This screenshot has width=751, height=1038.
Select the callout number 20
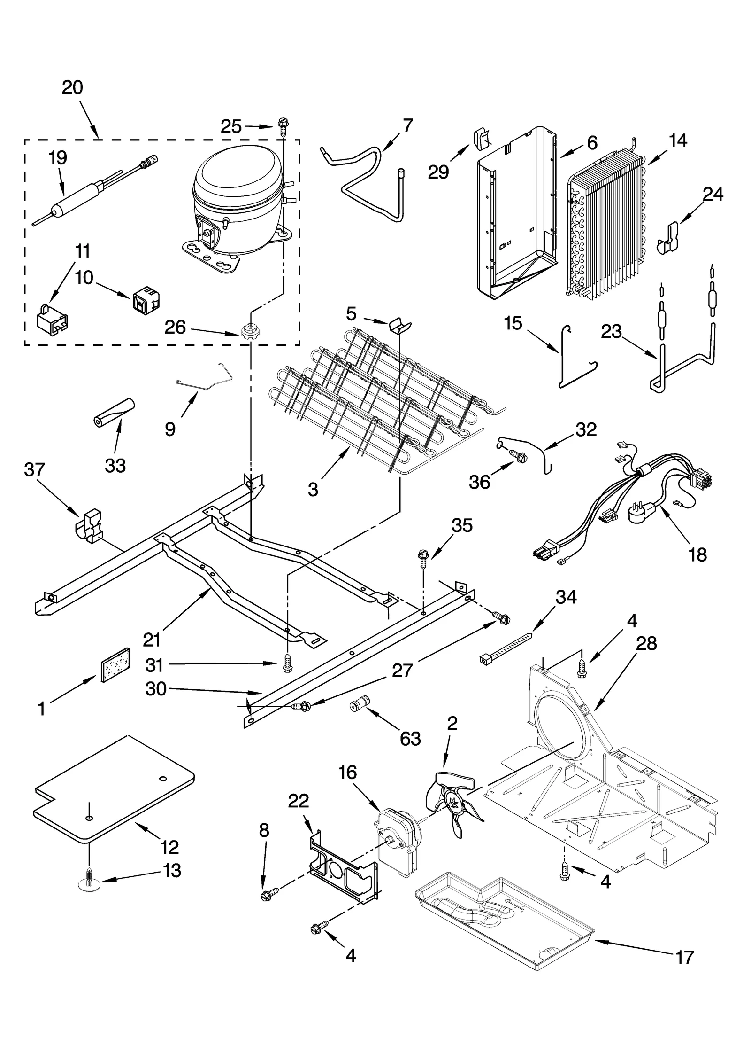coord(72,87)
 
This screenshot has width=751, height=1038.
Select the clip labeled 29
coord(482,139)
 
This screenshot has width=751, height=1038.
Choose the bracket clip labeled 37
coord(89,525)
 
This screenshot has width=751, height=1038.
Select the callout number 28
coord(646,643)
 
